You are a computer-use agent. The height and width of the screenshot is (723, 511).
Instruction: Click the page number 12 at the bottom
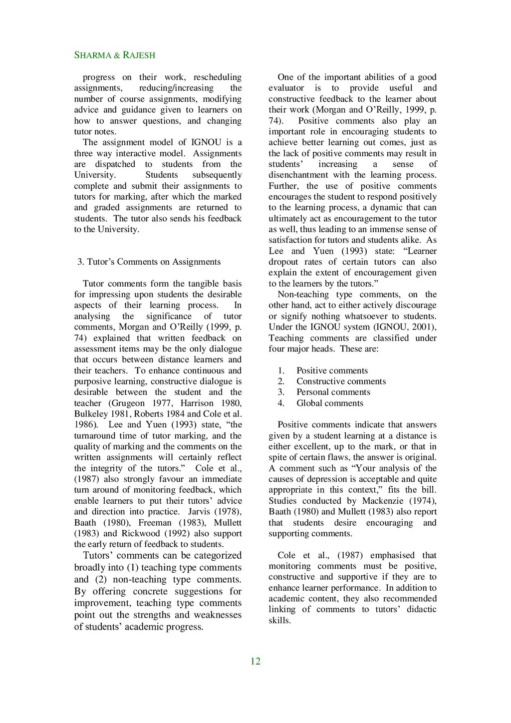click(255, 662)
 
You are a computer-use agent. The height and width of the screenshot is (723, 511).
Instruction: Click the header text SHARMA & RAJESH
click(114, 55)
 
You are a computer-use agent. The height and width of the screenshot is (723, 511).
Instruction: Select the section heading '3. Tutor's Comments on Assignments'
click(149, 262)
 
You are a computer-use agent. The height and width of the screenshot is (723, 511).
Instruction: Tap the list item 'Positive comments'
click(332, 370)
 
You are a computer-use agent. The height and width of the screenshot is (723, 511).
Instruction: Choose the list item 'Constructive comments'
click(341, 381)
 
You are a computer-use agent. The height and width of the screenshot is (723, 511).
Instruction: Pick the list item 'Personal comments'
click(333, 392)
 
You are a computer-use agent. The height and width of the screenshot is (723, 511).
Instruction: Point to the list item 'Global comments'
click(330, 403)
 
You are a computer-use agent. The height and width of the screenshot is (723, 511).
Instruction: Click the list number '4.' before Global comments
click(281, 403)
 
